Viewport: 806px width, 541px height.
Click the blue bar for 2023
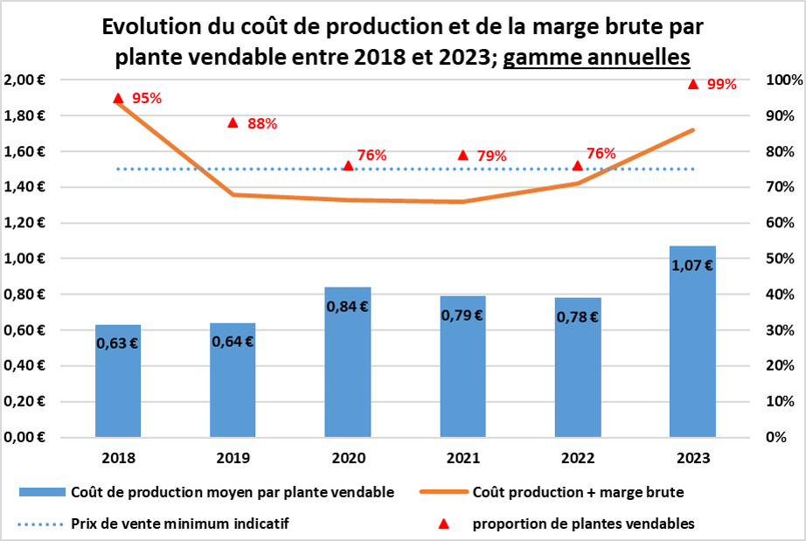692,350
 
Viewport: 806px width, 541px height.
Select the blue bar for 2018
118,385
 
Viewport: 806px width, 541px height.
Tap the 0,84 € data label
348,307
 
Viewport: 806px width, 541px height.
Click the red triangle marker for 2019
233,122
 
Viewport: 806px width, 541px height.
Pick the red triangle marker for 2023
692,84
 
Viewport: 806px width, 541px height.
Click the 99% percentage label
722,85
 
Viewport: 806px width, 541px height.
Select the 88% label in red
262,124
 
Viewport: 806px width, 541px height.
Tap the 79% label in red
491,156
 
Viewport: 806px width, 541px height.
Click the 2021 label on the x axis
463,457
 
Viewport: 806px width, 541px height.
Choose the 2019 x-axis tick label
233,457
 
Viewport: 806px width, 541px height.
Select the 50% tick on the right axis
779,259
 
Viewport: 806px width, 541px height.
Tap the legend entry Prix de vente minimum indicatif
180,524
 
